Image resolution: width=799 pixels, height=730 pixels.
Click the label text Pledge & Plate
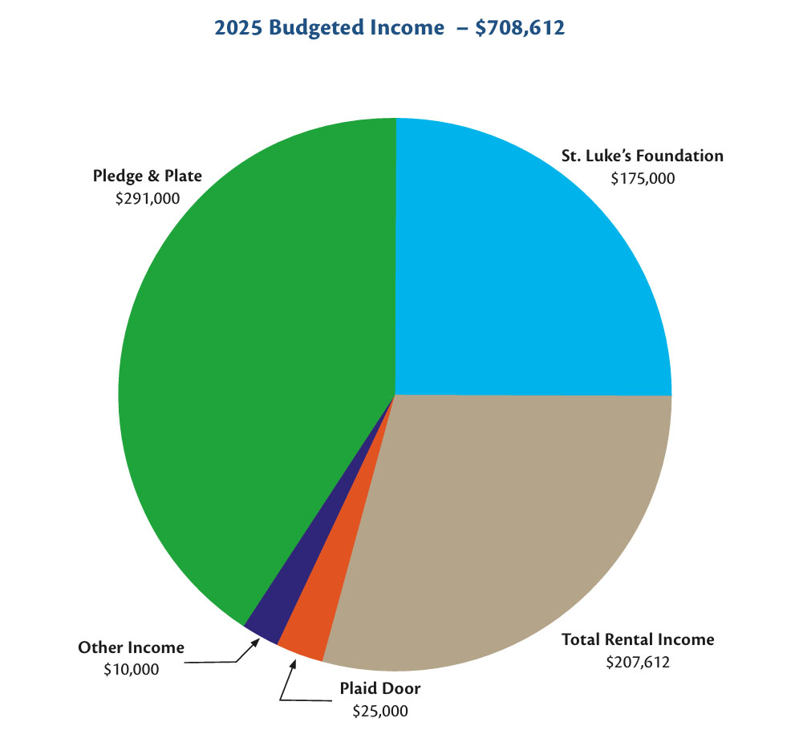coord(147,176)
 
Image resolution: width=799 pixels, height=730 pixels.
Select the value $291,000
coord(147,197)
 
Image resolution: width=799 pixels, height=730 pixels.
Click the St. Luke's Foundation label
coord(643,156)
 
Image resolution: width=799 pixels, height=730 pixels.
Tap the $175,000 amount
coord(643,178)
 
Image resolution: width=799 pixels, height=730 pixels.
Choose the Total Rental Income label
coord(638,639)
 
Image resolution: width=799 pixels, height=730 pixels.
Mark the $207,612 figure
coord(638,662)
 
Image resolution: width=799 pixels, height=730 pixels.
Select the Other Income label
coord(131,647)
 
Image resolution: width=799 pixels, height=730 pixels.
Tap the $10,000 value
coord(131,668)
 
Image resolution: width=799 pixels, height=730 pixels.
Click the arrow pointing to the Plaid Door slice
coord(287,682)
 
